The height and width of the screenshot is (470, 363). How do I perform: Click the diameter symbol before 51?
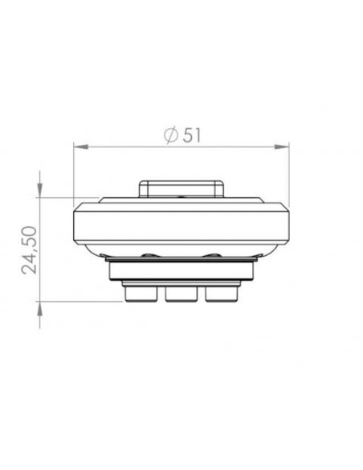tap(170, 135)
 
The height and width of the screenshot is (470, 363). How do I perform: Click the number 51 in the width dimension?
tap(191, 135)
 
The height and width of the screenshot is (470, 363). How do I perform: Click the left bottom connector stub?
tap(140, 295)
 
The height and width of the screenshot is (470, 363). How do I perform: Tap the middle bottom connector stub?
tap(181, 295)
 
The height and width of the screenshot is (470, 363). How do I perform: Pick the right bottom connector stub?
tap(221, 295)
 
